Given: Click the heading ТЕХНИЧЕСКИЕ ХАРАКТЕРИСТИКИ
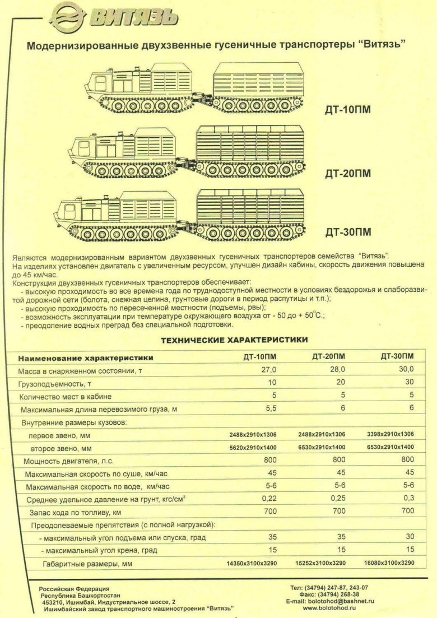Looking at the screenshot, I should click(234, 340).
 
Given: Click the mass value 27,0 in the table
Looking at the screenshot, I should click(268, 370).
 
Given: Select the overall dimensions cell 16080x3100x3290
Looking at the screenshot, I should click(389, 563).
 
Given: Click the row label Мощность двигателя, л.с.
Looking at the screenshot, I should click(68, 461).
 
